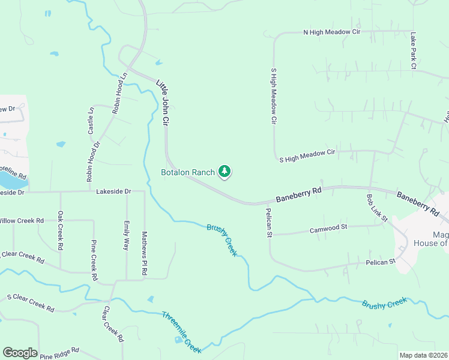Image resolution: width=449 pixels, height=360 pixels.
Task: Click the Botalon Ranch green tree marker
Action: pos(224,172)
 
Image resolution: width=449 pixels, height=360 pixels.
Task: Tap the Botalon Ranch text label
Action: pos(188,172)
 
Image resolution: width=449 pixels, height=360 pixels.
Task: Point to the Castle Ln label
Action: pos(91,121)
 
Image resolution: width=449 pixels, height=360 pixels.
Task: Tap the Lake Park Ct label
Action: pos(413,52)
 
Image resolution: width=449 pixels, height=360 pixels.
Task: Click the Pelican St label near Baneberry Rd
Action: pos(269,223)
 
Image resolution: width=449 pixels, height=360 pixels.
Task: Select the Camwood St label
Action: pos(328,228)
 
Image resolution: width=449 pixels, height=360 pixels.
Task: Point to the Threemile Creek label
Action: pos(181,331)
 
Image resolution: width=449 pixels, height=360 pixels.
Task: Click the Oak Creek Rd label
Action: pos(60,230)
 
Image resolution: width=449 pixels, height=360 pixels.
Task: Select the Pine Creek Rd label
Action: pos(94,260)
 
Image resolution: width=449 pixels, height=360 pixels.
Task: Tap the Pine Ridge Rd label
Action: pos(59,353)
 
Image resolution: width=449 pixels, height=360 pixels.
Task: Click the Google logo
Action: pos(20,353)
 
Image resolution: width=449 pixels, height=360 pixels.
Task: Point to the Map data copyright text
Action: pos(423,355)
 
